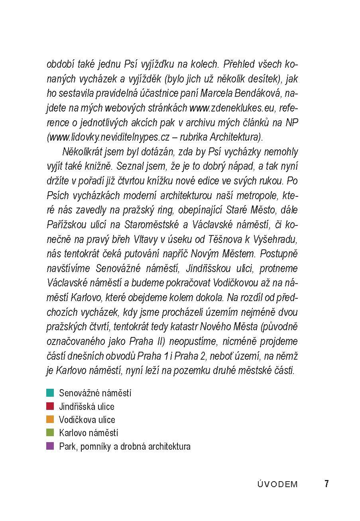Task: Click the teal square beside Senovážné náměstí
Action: (50, 393)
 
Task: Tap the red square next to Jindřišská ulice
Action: (50, 406)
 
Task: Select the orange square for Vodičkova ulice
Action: (50, 419)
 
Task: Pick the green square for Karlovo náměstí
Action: (50, 433)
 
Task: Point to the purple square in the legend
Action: (50, 446)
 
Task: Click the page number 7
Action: (327, 484)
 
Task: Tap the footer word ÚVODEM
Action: (277, 484)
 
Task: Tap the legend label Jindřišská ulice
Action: (87, 407)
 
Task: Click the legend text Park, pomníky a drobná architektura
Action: (124, 447)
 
